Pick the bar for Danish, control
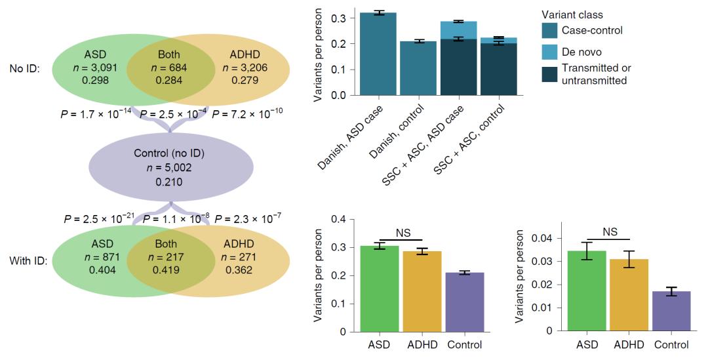tap(418, 68)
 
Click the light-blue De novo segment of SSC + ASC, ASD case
tap(458, 30)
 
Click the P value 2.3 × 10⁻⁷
tap(252, 217)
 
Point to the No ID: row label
tap(24, 68)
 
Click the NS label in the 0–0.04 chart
tap(610, 231)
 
